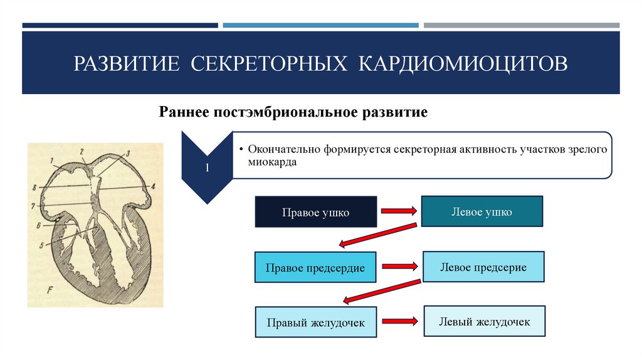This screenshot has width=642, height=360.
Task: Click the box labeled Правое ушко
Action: pyautogui.click(x=315, y=212)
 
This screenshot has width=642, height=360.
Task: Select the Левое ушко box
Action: pyautogui.click(x=481, y=211)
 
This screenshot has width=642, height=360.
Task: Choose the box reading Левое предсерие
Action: pyautogui.click(x=483, y=267)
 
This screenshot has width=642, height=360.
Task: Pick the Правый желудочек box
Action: pyautogui.click(x=315, y=322)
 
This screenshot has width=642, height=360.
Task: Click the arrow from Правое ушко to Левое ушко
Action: pyautogui.click(x=399, y=211)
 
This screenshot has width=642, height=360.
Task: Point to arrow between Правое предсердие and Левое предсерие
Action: pyautogui.click(x=399, y=266)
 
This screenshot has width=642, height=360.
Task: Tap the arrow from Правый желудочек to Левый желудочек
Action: pyautogui.click(x=400, y=321)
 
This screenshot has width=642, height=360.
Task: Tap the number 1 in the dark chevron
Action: pyautogui.click(x=207, y=168)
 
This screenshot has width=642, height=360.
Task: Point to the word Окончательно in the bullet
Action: pyautogui.click(x=284, y=150)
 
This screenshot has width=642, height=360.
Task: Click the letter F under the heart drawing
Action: pyautogui.click(x=50, y=290)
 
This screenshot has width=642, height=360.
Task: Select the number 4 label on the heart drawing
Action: pyautogui.click(x=152, y=187)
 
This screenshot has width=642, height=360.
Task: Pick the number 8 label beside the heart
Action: pyautogui.click(x=35, y=186)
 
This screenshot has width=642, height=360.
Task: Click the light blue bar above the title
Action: pyautogui.click(x=320, y=26)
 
